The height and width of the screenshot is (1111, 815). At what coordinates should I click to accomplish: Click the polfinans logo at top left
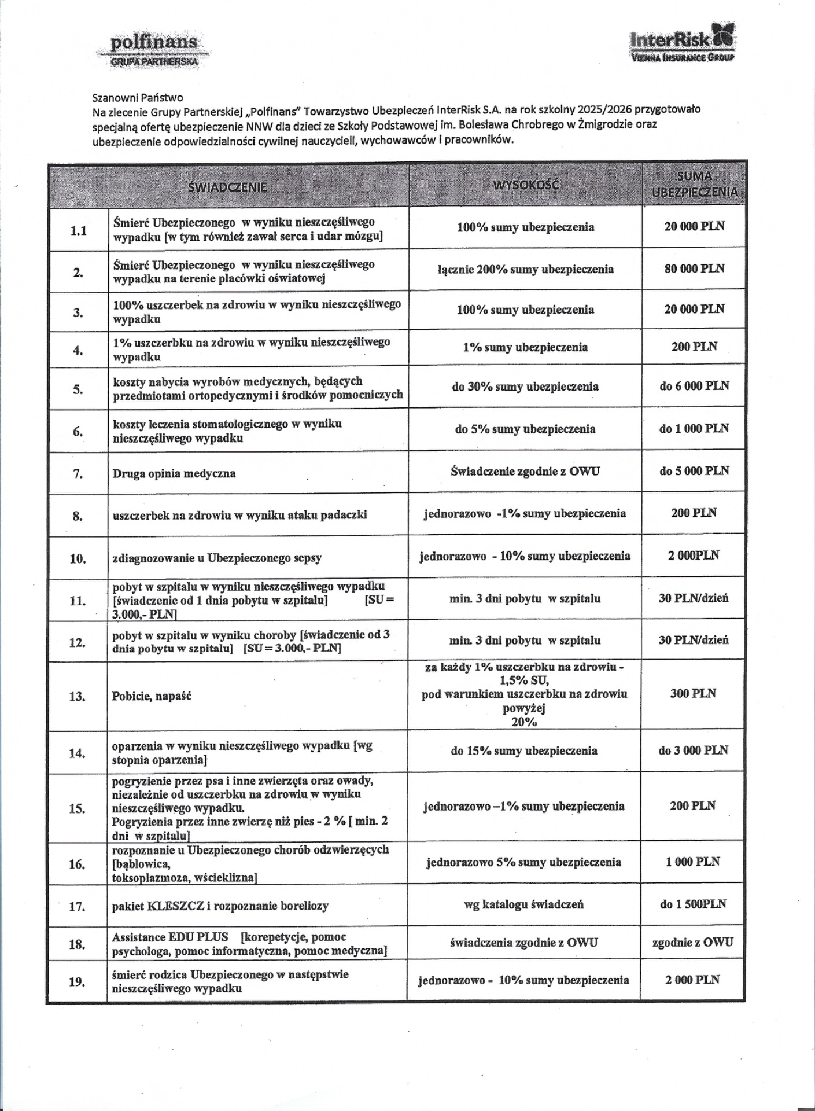(154, 50)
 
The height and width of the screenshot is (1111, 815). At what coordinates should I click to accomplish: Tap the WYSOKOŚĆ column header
(526, 185)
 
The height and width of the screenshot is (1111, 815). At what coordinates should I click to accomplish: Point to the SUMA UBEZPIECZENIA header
(694, 185)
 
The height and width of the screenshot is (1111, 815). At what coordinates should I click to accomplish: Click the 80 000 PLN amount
(694, 268)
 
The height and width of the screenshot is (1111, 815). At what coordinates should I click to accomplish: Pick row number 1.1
(78, 231)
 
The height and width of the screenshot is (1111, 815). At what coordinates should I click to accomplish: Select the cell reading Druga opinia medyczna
(174, 473)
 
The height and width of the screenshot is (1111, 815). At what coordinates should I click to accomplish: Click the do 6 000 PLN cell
(694, 385)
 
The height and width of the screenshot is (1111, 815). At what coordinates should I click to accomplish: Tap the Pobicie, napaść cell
(152, 696)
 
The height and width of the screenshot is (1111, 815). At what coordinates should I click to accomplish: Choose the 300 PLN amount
(693, 693)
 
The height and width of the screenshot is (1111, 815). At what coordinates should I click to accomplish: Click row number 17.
(78, 906)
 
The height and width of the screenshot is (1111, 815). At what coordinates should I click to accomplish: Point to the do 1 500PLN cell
(693, 904)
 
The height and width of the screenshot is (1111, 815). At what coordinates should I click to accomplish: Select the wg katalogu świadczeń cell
(523, 904)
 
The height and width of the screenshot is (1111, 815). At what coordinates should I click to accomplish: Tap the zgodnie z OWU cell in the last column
(692, 942)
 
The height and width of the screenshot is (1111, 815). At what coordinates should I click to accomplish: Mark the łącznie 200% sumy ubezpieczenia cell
(525, 269)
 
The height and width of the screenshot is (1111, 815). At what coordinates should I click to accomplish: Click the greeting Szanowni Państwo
(138, 98)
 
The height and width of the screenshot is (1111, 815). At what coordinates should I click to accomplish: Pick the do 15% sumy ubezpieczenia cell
(524, 751)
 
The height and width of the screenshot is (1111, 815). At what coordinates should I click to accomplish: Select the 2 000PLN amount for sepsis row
(694, 555)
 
